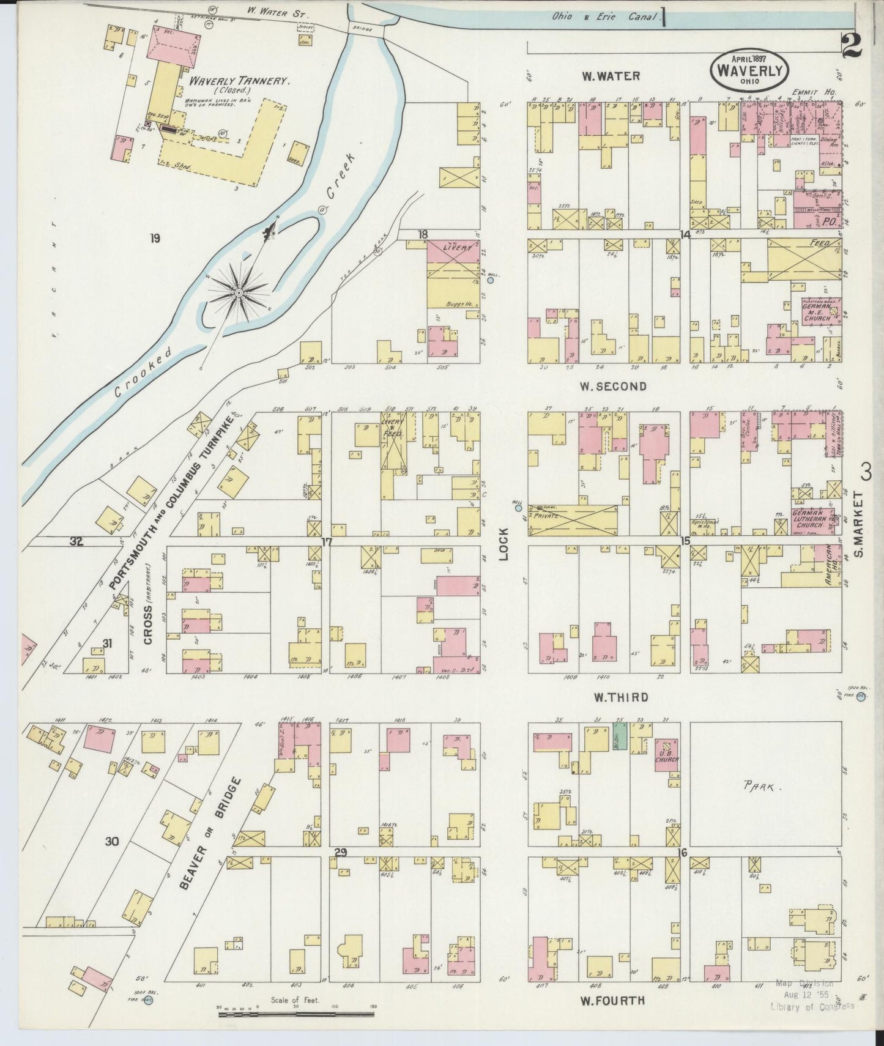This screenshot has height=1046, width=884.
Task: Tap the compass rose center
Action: (x=239, y=295)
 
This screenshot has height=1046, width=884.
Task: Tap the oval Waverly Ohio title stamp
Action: (x=749, y=72)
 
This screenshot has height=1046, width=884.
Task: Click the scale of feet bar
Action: (x=296, y=1014)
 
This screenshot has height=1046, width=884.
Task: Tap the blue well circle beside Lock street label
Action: (x=518, y=508)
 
